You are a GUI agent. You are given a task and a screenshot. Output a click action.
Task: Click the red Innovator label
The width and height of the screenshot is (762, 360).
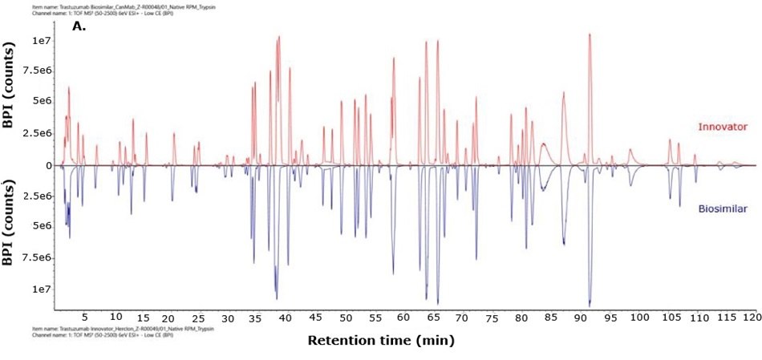pyautogui.click(x=723, y=127)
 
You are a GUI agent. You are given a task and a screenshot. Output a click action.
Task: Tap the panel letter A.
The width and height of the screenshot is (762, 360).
pyautogui.click(x=79, y=26)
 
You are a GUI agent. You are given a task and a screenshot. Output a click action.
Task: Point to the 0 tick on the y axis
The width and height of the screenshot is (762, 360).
pyautogui.click(x=49, y=166)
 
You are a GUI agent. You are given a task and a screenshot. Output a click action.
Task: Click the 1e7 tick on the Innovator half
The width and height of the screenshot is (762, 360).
pyautogui.click(x=43, y=40)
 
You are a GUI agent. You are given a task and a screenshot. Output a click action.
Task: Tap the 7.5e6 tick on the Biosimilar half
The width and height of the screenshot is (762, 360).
pyautogui.click(x=39, y=258)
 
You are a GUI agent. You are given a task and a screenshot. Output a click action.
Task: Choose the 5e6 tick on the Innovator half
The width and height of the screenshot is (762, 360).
pyautogui.click(x=42, y=102)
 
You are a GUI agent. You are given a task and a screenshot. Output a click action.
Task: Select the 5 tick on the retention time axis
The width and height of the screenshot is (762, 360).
pyautogui.click(x=86, y=318)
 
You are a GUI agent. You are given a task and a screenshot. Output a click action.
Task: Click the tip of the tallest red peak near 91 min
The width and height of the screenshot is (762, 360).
pyautogui.click(x=590, y=34)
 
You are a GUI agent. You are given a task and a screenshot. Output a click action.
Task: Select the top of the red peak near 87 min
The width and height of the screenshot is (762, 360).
pyautogui.click(x=564, y=93)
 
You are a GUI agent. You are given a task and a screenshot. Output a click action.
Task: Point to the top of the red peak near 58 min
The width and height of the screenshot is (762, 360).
pyautogui.click(x=393, y=59)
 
